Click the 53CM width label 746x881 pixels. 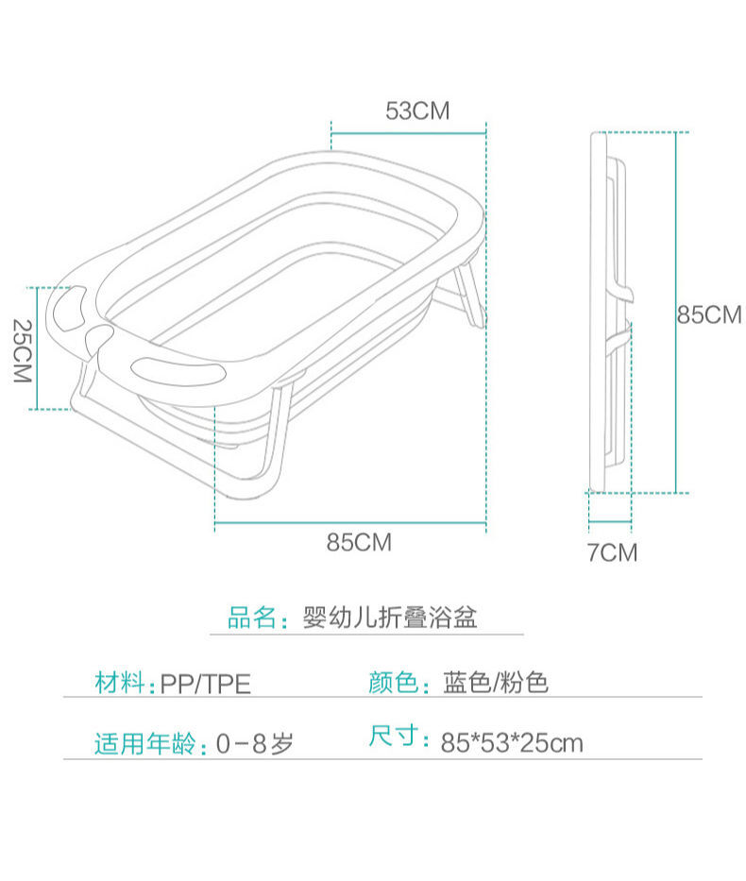[x=417, y=110]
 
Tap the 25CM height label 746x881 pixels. [x=23, y=351]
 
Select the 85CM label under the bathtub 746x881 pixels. [x=359, y=542]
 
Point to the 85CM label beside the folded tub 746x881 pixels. [x=709, y=314]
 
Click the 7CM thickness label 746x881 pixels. [x=612, y=552]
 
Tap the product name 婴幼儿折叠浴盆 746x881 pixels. [x=390, y=617]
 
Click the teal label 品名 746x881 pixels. [x=251, y=617]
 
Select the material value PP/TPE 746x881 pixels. [x=206, y=684]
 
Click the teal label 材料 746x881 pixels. [x=119, y=683]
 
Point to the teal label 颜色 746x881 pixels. [x=393, y=683]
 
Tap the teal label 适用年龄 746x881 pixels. [x=144, y=743]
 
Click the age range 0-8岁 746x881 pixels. [x=255, y=743]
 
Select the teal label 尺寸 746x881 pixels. [x=393, y=736]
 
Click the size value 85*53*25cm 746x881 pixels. [x=512, y=743]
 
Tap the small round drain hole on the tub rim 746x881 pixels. [x=99, y=336]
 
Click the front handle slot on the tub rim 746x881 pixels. [x=178, y=370]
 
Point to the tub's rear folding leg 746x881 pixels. [x=469, y=295]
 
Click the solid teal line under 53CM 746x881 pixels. [x=408, y=134]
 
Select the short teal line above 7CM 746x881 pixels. [x=610, y=522]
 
